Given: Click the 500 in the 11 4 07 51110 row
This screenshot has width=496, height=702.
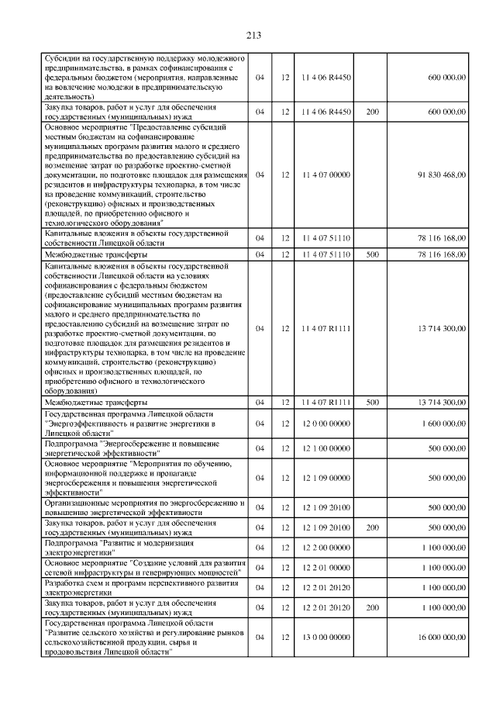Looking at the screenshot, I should coord(372,254).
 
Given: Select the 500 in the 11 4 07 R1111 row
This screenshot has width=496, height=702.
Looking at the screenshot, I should coord(372,403).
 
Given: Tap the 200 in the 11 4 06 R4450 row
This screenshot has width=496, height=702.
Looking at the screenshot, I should coord(372,112).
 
